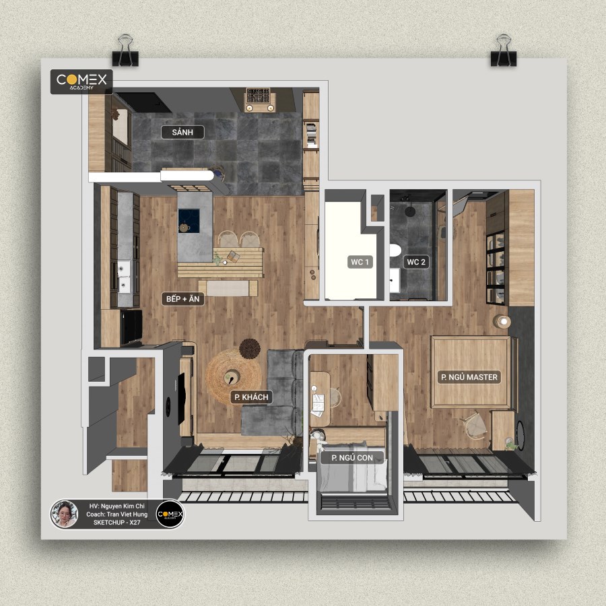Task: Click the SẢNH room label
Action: point(182,132)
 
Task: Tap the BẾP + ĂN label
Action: point(182,299)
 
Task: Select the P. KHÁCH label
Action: point(251,397)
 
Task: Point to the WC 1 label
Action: point(360,262)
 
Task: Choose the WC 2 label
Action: point(416,262)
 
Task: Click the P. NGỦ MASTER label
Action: point(469,377)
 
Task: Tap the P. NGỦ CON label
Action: point(352,458)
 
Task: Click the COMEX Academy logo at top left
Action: point(81,81)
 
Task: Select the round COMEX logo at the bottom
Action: point(170,514)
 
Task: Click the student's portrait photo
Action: point(65,514)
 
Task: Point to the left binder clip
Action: point(125,50)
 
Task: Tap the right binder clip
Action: point(504,50)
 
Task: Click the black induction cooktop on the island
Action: point(189,221)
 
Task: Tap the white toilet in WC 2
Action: point(395,250)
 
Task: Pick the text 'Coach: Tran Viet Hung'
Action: point(116,514)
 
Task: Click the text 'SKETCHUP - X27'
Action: point(116,522)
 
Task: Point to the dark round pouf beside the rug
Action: point(250,348)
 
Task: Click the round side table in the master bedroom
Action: point(502,322)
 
